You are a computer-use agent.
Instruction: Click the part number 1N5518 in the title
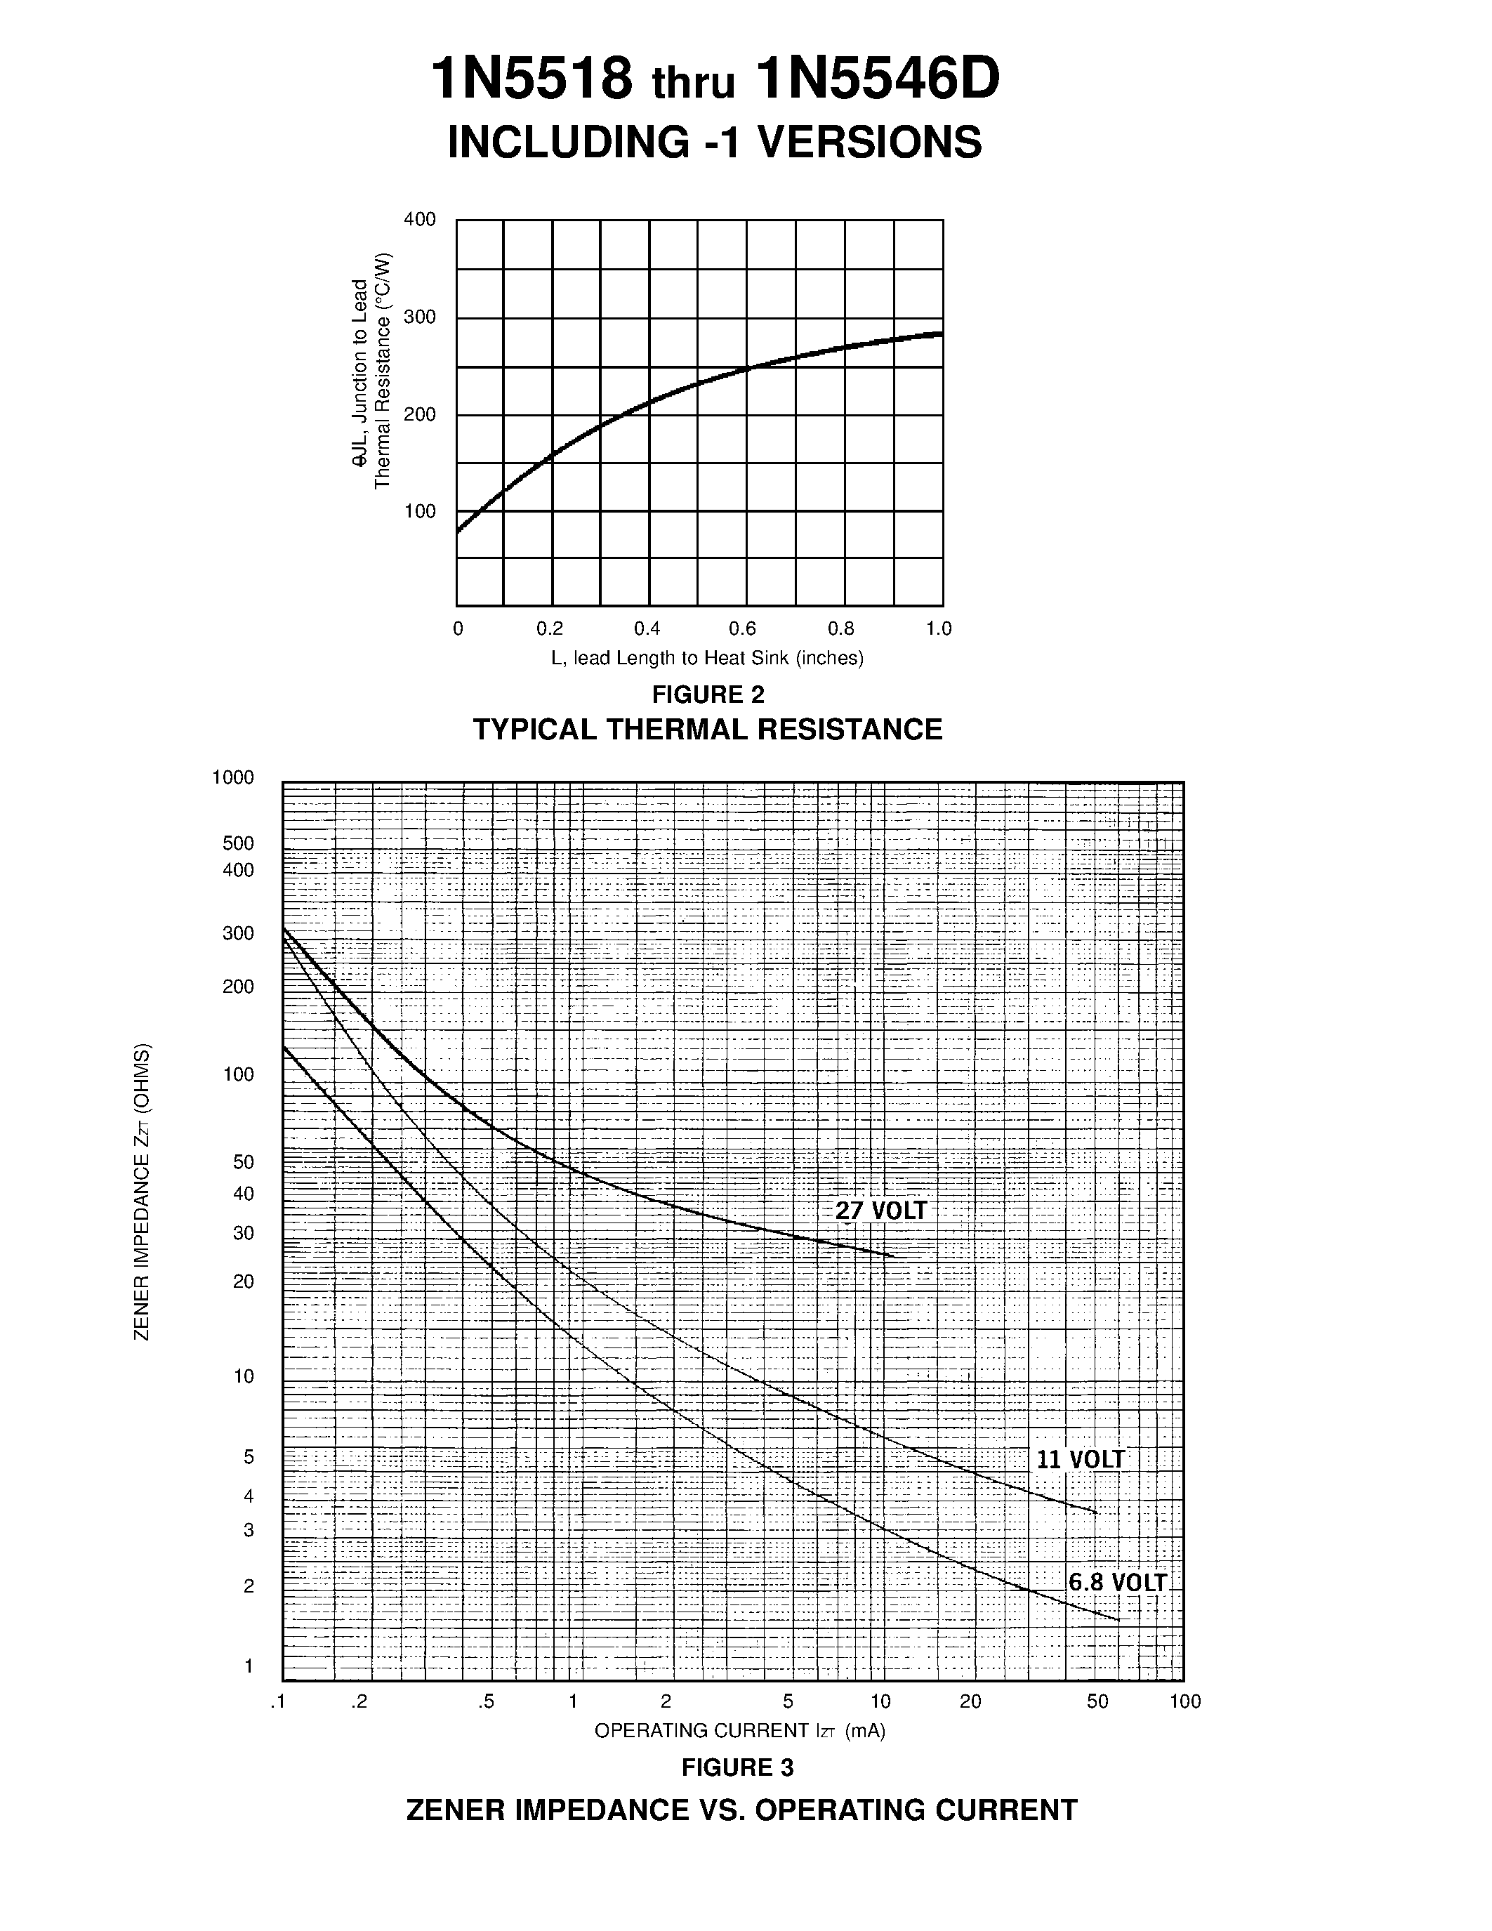point(532,79)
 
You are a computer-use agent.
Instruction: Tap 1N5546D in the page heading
point(878,79)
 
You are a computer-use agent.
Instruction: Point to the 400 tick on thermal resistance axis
point(420,219)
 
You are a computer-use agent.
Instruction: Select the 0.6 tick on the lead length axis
point(742,628)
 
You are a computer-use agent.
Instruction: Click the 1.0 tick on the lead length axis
point(939,628)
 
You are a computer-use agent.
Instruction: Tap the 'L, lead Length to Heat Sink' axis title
point(707,658)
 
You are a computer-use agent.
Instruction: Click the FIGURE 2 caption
point(708,694)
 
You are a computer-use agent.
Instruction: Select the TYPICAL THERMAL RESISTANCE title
point(708,730)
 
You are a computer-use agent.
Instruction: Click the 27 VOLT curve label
point(881,1211)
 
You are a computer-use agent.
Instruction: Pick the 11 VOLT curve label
point(1080,1460)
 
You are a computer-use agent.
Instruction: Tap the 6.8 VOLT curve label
point(1117,1583)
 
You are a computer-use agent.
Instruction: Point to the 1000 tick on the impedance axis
point(232,777)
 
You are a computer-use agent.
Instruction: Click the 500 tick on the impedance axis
point(238,843)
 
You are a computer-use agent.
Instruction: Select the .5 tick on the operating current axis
point(486,1702)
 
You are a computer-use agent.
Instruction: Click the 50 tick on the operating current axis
point(1097,1702)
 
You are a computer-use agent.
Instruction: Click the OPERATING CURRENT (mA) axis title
point(740,1730)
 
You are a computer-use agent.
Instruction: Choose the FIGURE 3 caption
point(737,1767)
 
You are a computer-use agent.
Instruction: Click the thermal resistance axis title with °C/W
point(371,371)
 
